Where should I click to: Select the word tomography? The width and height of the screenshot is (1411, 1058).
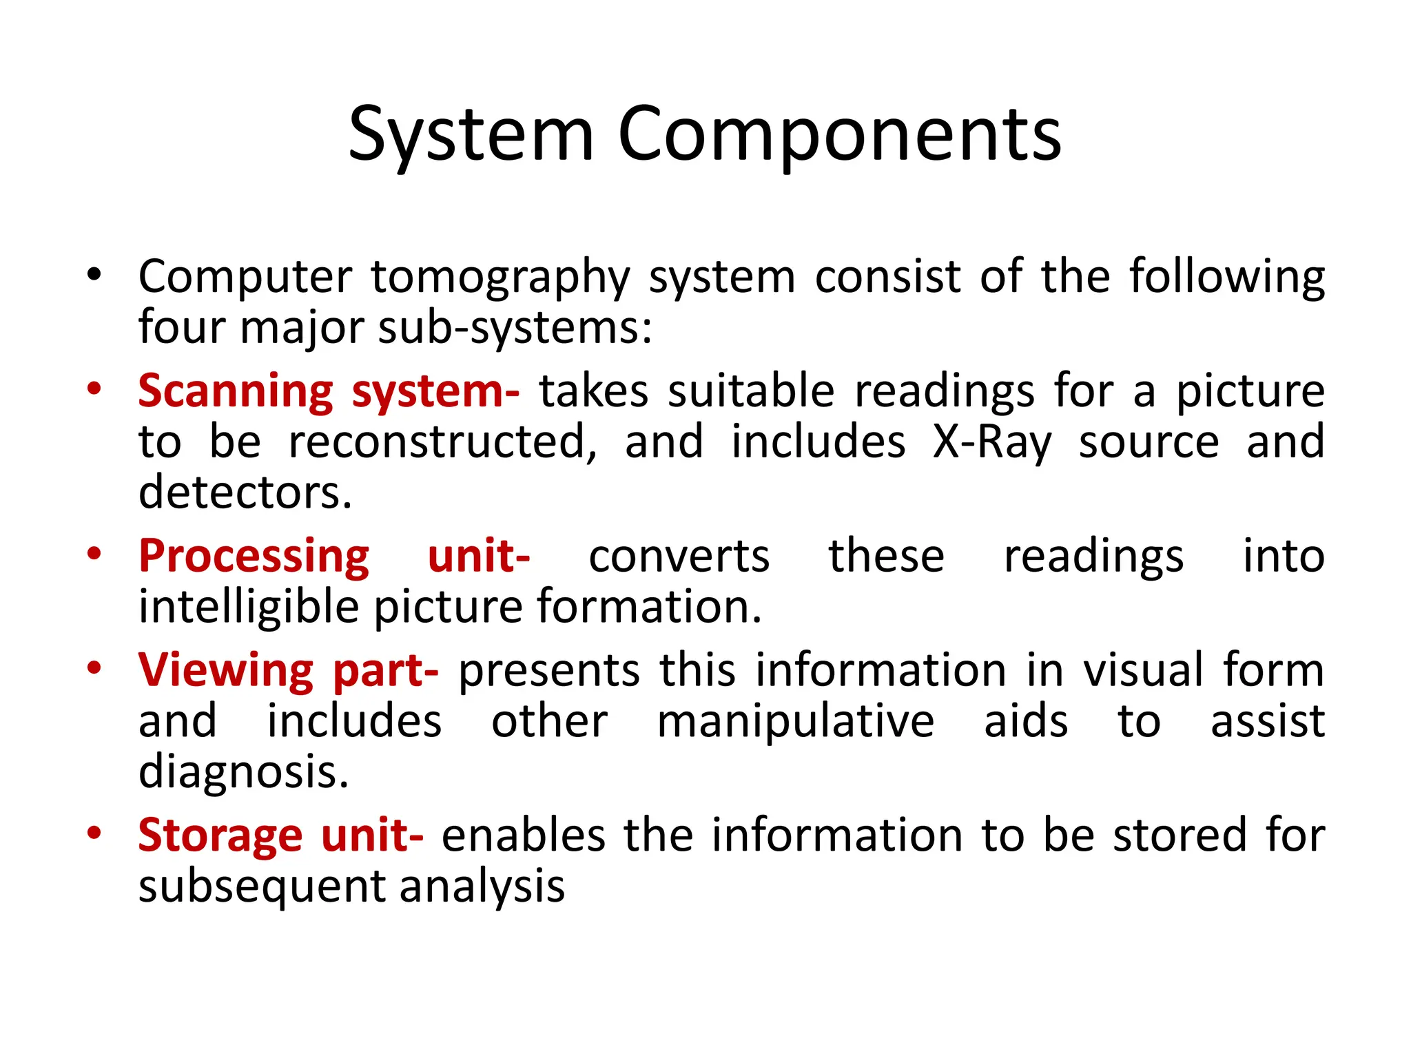pos(501,278)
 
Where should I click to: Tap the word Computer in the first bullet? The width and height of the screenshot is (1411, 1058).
pos(245,278)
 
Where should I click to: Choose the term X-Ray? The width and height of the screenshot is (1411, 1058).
pos(992,442)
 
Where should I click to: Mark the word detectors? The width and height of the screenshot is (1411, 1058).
pos(245,492)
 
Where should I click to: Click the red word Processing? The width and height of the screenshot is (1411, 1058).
pos(254,557)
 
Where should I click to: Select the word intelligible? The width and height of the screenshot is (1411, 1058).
pos(249,607)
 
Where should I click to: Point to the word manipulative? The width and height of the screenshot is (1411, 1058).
pos(796,721)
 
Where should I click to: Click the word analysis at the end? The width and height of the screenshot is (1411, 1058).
pos(482,886)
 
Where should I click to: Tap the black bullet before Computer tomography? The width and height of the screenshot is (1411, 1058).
pos(94,276)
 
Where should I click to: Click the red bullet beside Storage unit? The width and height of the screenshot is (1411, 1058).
pos(94,833)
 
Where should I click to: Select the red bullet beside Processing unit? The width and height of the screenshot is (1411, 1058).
pos(94,554)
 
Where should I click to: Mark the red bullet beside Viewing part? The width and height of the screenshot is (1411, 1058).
pos(94,668)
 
